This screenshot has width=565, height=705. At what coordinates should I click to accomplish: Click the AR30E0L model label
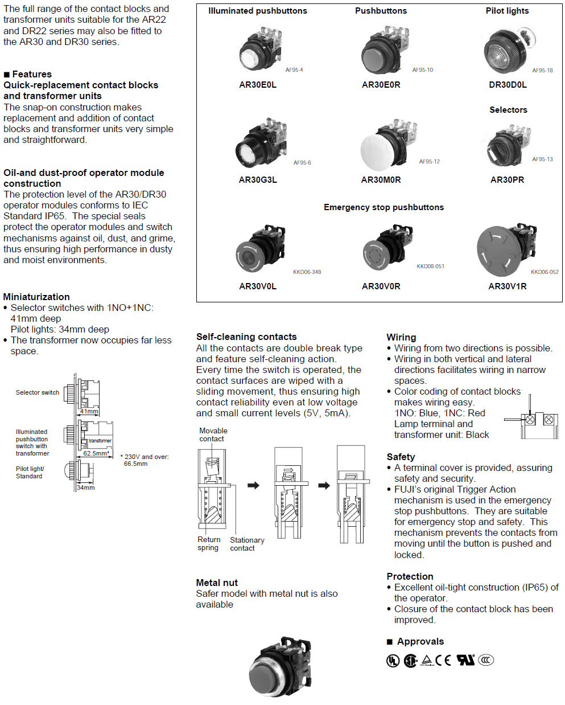click(258, 85)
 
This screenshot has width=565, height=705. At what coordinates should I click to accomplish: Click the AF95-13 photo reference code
click(542, 159)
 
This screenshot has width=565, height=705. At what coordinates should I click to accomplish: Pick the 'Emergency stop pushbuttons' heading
click(383, 207)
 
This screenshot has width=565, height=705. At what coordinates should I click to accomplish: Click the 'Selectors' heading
click(508, 110)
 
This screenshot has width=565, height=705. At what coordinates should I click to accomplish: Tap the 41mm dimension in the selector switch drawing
click(89, 411)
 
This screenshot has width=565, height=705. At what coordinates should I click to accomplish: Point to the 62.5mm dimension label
click(96, 453)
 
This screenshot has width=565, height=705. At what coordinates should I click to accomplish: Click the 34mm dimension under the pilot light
click(85, 487)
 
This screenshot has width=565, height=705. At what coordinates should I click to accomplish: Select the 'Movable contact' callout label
click(213, 435)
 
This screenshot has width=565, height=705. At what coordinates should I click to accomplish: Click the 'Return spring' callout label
click(209, 543)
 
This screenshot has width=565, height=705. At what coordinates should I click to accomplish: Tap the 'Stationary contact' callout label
click(246, 544)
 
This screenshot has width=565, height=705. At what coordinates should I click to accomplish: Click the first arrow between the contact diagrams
click(253, 485)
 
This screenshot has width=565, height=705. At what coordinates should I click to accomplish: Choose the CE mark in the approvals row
click(443, 660)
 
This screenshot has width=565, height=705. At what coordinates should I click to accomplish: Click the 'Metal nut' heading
click(217, 583)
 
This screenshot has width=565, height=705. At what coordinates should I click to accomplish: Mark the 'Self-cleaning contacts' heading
click(246, 337)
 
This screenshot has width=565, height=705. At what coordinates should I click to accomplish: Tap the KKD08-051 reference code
click(430, 266)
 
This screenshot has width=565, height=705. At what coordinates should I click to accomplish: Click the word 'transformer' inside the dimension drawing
click(100, 441)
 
